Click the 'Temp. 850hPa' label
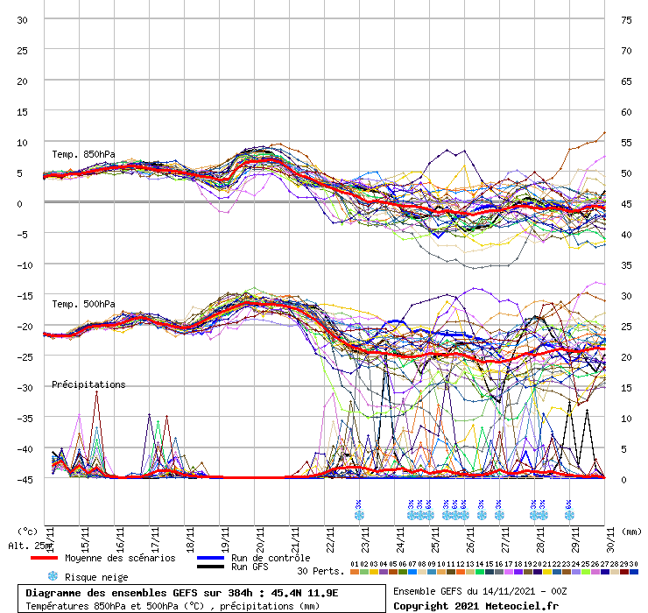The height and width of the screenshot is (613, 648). tap(83, 155)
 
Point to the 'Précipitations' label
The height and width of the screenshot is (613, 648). tap(88, 384)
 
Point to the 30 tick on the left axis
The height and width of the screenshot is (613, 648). tap(23, 19)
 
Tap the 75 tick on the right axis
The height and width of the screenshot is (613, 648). tap(626, 19)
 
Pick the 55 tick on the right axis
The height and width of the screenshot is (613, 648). tap(626, 142)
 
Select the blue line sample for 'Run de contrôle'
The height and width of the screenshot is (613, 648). tap(211, 558)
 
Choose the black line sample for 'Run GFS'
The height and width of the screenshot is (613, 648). tap(211, 567)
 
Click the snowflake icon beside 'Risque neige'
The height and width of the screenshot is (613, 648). tap(53, 576)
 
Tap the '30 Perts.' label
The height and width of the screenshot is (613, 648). tap(320, 570)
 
